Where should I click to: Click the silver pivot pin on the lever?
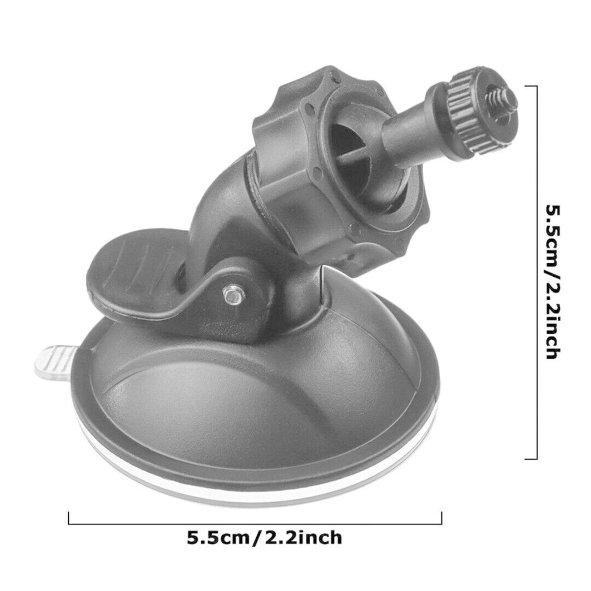coord(232,294)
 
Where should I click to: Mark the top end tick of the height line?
coord(531,85)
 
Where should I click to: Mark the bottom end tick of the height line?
coord(531,459)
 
